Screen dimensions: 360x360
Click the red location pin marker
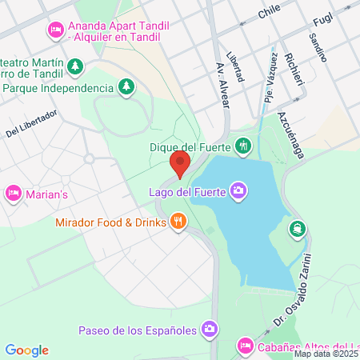[180, 164]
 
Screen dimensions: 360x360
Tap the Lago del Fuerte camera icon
[238, 190]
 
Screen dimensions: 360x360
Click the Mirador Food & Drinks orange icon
[178, 221]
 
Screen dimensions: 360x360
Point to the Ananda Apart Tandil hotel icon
[55, 30]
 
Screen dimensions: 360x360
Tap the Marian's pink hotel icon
[13, 193]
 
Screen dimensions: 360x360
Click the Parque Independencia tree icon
[126, 86]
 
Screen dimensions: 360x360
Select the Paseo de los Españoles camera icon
[210, 329]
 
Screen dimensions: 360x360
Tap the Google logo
[26, 350]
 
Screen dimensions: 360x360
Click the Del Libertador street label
[31, 122]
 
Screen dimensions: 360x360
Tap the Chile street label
[269, 13]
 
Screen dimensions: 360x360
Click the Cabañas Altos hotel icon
[246, 346]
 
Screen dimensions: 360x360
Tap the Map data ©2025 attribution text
[326, 354]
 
